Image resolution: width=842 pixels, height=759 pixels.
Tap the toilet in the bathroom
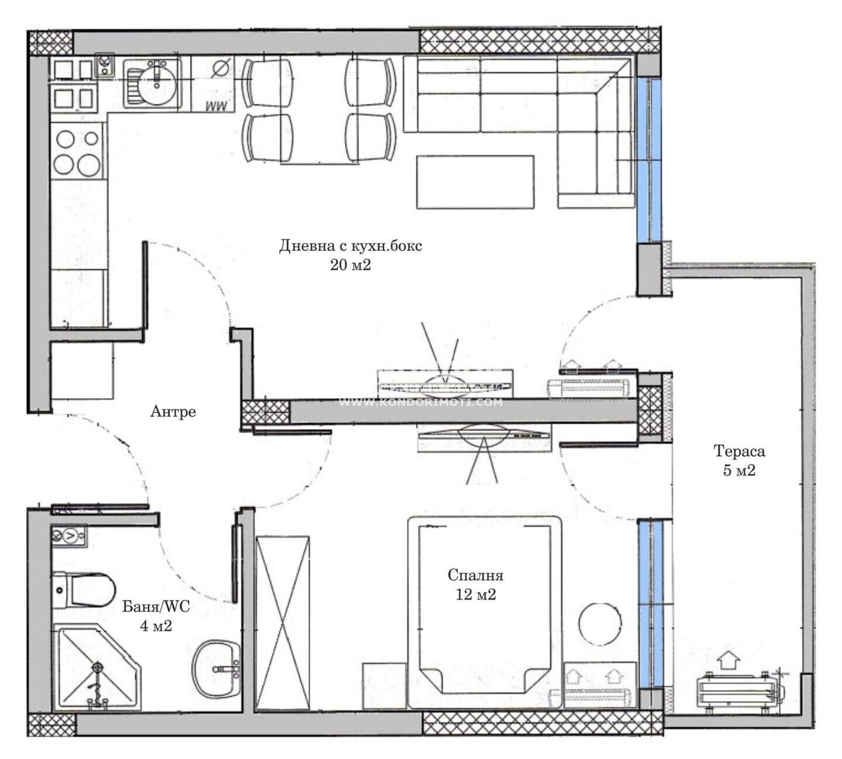[84, 590]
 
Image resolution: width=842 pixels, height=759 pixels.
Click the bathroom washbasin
[216, 669]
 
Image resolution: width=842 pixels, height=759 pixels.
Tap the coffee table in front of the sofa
[475, 182]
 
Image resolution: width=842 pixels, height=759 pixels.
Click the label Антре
[173, 412]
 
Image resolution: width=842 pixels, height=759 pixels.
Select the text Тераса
[739, 451]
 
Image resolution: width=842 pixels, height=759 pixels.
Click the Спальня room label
[475, 575]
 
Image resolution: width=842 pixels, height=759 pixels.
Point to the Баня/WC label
[156, 606]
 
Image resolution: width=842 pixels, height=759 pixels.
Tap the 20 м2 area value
[350, 265]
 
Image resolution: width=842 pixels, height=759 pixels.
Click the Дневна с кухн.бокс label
[350, 246]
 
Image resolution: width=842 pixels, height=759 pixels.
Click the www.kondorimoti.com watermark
[420, 402]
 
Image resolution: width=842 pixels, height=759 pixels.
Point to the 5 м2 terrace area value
[739, 470]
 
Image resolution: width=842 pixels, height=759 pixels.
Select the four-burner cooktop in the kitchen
[78, 152]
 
